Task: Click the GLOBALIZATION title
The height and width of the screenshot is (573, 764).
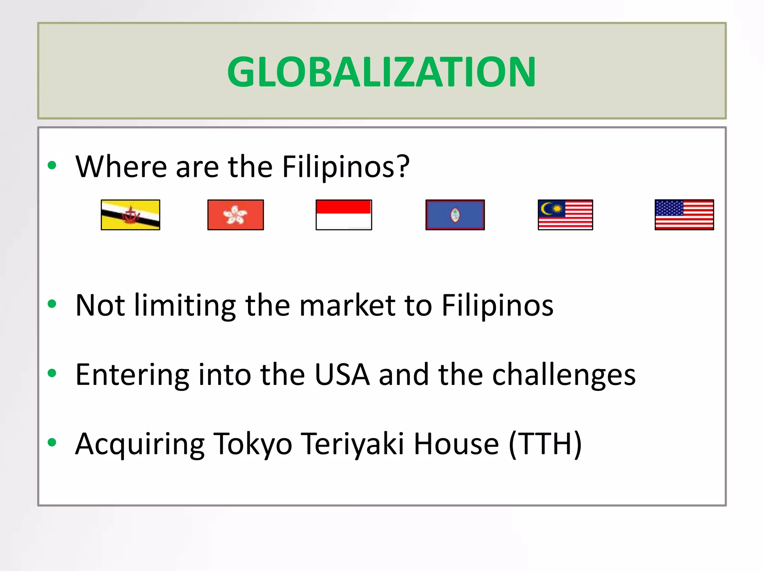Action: coord(381,72)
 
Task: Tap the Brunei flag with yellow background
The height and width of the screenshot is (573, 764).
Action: coord(131,215)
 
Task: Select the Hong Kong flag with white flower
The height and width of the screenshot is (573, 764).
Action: coord(235,215)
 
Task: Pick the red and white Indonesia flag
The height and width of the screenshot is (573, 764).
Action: coord(344,215)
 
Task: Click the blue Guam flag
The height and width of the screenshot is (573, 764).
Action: coord(455,215)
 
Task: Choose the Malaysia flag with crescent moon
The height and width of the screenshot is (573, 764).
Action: coord(565,215)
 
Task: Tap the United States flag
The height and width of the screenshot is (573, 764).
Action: coord(684,215)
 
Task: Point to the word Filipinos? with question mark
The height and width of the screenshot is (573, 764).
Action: coord(345,166)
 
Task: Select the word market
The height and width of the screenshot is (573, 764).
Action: coord(347,305)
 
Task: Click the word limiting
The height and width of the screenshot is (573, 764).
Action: coord(185,305)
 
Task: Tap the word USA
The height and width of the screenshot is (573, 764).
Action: coord(342,375)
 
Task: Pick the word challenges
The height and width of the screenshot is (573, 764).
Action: coord(564,375)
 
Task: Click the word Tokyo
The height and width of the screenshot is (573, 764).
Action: coord(253,444)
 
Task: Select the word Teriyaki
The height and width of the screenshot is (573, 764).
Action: coord(353,444)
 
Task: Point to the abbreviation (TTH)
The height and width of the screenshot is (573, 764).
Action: coord(545,444)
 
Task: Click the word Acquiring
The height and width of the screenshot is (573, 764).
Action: coord(140,444)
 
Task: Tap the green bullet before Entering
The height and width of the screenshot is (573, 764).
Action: coord(52,373)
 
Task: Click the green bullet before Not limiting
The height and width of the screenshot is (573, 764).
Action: coord(52,304)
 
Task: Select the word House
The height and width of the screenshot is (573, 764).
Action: coord(456,444)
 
